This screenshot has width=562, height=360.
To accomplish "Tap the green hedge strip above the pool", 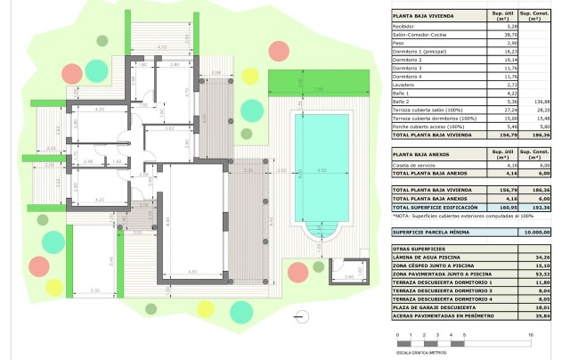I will (x=317, y=89).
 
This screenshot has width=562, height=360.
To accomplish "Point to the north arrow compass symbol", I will (x=297, y=314).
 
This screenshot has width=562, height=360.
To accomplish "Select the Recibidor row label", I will (x=404, y=28).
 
